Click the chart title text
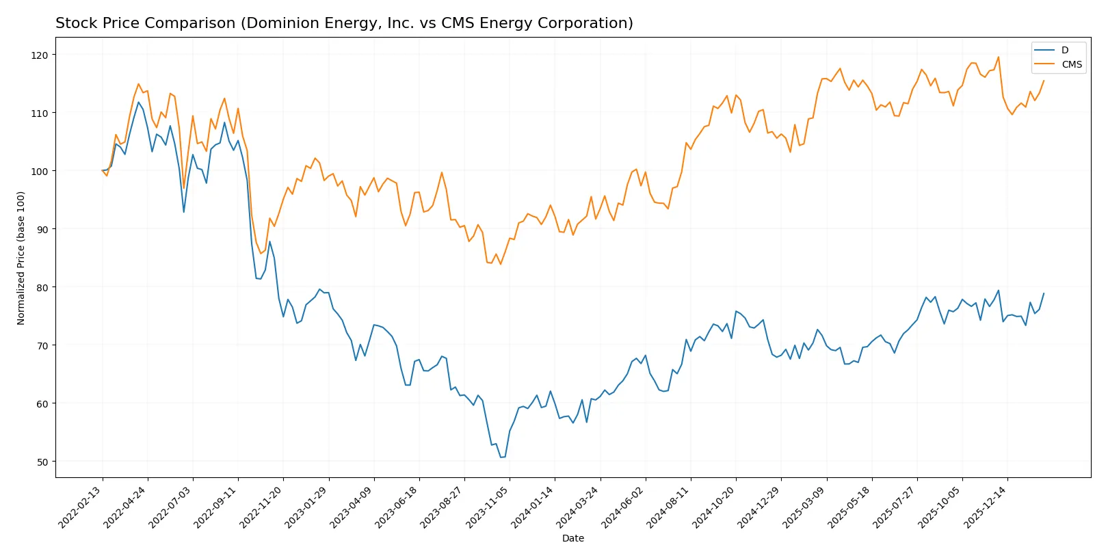click(344, 23)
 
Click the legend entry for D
click(1064, 50)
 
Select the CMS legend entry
click(1071, 65)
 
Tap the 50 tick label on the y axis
click(42, 462)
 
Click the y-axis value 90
click(42, 229)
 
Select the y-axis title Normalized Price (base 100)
click(21, 258)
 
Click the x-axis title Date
click(572, 538)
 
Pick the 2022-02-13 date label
click(81, 507)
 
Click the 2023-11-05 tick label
click(488, 507)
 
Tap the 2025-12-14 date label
click(986, 507)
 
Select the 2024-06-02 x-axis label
click(624, 507)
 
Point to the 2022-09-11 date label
click(216, 507)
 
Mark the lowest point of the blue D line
click(501, 457)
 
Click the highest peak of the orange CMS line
click(999, 57)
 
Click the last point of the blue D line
click(1044, 293)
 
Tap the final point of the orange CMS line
click(1044, 81)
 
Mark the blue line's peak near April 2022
click(138, 103)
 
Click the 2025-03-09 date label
click(804, 507)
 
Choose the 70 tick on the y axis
click(42, 346)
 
